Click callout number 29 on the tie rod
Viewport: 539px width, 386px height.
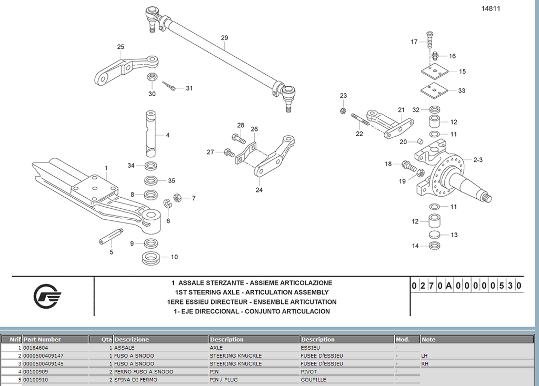point(224,38)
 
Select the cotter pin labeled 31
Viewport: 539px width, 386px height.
point(170,86)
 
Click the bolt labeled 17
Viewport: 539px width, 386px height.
point(428,38)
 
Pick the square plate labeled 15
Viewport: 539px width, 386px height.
point(434,70)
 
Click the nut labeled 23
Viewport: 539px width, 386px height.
point(343,110)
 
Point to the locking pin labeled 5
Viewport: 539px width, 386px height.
point(111,237)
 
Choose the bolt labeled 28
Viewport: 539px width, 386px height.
point(237,139)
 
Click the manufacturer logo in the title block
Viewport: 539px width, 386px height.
point(47,297)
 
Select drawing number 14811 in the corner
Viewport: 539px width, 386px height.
point(490,8)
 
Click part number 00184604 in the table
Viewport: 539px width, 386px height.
point(36,348)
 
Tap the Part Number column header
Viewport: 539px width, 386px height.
point(42,339)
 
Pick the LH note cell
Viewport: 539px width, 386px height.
point(425,355)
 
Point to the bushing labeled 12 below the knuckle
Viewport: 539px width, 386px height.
point(434,219)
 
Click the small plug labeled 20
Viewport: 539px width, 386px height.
point(420,141)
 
